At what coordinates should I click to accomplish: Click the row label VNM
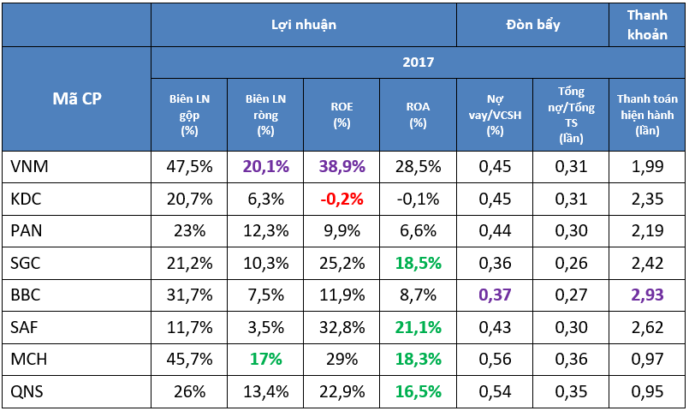[29, 167]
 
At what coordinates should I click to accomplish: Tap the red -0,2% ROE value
[342, 200]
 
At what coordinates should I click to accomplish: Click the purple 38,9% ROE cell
[342, 167]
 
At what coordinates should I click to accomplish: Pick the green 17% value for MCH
[266, 359]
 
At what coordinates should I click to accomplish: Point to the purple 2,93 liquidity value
[647, 295]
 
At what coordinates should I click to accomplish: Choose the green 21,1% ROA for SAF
[419, 327]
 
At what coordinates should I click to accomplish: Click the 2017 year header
[419, 62]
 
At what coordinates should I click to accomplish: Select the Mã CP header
[77, 98]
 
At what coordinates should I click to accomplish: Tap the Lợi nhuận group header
[304, 25]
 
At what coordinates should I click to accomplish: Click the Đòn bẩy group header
[533, 25]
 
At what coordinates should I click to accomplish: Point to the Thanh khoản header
[647, 25]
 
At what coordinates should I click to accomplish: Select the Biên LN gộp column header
[189, 115]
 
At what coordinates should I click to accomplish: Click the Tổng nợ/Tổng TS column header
[571, 115]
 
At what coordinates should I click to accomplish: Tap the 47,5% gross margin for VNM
[189, 167]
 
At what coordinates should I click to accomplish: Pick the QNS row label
[27, 391]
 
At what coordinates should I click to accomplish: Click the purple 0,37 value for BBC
[495, 295]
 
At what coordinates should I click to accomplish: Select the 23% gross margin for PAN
[189, 231]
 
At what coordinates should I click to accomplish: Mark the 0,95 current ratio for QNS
[647, 391]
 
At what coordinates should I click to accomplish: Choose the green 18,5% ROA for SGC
[419, 264]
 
